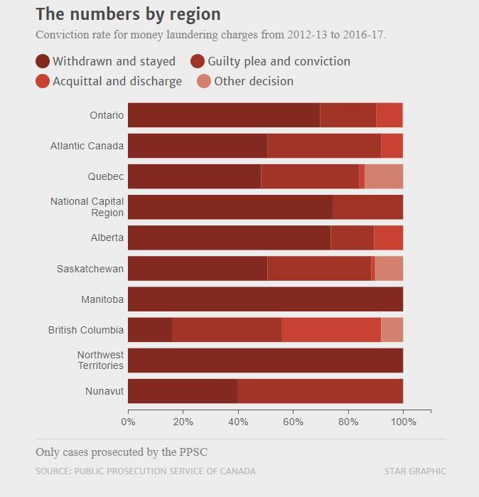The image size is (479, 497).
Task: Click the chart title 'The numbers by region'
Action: pyautogui.click(x=128, y=14)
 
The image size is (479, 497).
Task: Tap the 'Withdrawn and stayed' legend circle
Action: pyautogui.click(x=43, y=61)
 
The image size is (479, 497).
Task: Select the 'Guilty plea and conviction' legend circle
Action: pyautogui.click(x=198, y=61)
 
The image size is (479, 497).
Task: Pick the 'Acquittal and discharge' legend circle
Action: pyautogui.click(x=43, y=81)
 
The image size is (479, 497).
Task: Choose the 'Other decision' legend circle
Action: pyautogui.click(x=204, y=81)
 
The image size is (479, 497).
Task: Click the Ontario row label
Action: pyautogui.click(x=107, y=115)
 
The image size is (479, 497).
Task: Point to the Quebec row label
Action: pyautogui.click(x=106, y=176)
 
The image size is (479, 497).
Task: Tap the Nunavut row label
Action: pyautogui.click(x=104, y=391)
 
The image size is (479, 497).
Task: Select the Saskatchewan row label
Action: pyautogui.click(x=90, y=269)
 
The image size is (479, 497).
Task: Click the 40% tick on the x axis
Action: pyautogui.click(x=238, y=422)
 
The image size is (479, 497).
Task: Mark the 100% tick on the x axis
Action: pyautogui.click(x=403, y=422)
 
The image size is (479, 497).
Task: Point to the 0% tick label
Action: pyautogui.click(x=128, y=422)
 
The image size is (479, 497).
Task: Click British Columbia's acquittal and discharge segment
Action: pyautogui.click(x=331, y=330)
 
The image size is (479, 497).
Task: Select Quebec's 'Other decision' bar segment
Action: pyautogui.click(x=384, y=176)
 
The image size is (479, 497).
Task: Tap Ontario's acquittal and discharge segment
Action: pyautogui.click(x=389, y=115)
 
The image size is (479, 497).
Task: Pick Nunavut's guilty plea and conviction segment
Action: pyautogui.click(x=320, y=391)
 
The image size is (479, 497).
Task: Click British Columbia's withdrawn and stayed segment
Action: pyautogui.click(x=150, y=330)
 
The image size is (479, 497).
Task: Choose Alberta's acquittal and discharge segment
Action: pyautogui.click(x=388, y=237)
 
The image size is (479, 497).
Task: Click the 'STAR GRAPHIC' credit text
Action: pyautogui.click(x=415, y=471)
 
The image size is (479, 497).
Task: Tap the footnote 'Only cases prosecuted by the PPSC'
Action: pyautogui.click(x=122, y=452)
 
